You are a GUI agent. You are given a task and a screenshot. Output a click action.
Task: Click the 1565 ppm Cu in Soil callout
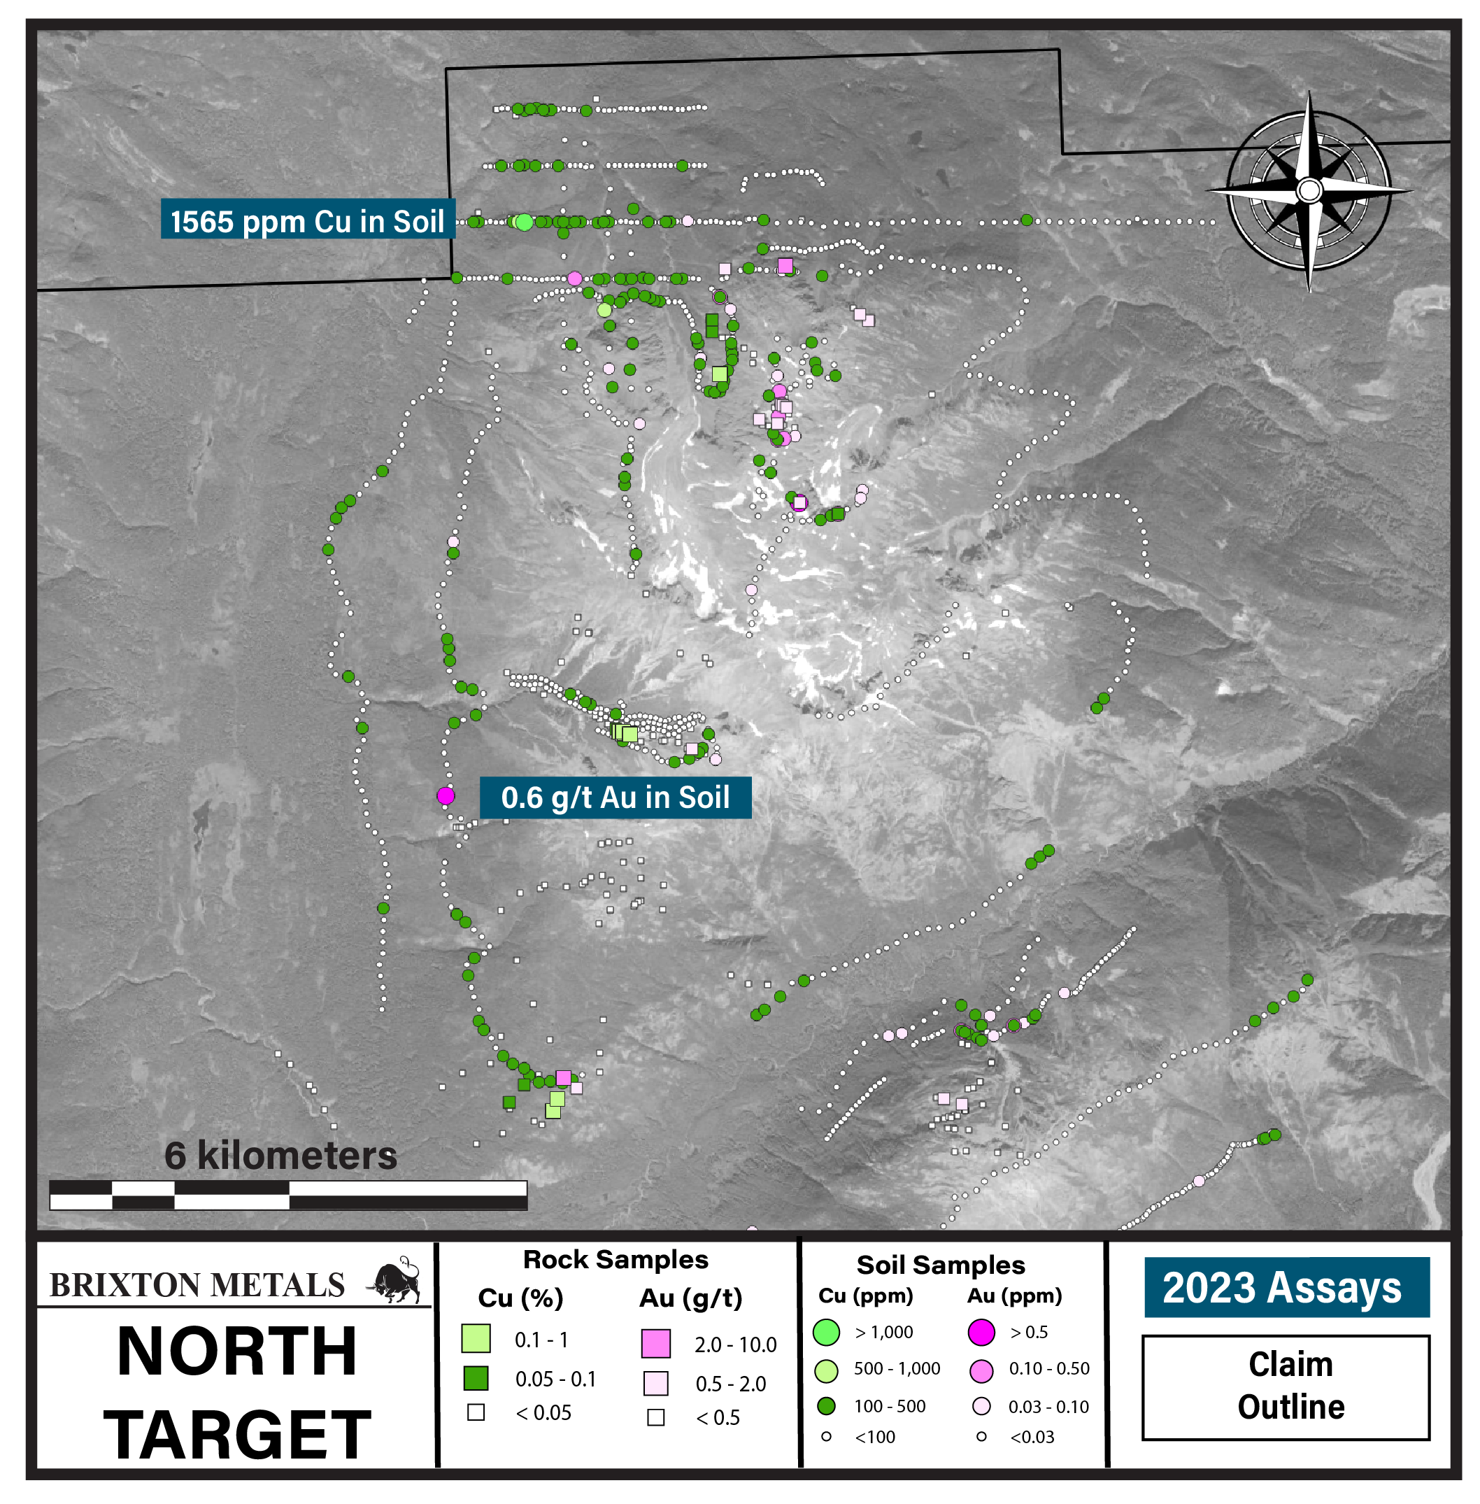click(308, 222)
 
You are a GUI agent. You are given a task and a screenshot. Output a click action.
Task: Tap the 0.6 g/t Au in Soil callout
click(615, 797)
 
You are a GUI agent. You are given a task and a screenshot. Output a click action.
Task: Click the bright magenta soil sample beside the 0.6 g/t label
click(446, 795)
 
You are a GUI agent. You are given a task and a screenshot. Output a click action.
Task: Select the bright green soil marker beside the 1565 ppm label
click(525, 222)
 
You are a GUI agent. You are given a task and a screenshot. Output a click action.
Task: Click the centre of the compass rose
click(1310, 190)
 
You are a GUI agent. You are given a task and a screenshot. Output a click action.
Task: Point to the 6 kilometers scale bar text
click(280, 1156)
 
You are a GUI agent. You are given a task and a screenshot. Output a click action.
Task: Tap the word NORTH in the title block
click(237, 1352)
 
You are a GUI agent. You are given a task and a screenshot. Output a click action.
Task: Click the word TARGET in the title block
click(237, 1435)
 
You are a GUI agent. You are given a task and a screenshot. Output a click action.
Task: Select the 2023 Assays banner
click(1286, 1288)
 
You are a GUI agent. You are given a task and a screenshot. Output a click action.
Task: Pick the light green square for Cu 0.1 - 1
click(476, 1339)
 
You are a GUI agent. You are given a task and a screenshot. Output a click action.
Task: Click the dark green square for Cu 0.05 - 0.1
click(476, 1378)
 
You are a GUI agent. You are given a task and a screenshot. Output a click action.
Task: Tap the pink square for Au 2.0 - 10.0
click(655, 1344)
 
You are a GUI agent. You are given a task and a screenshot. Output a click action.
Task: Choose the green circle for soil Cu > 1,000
click(826, 1332)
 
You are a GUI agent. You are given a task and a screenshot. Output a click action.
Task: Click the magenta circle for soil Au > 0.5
click(981, 1332)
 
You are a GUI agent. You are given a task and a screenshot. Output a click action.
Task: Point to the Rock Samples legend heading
click(616, 1260)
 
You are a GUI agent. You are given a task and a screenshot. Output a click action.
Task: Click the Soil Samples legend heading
click(941, 1265)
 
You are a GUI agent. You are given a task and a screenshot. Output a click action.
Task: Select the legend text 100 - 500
click(889, 1406)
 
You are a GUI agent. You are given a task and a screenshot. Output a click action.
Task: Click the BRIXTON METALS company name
click(197, 1286)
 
